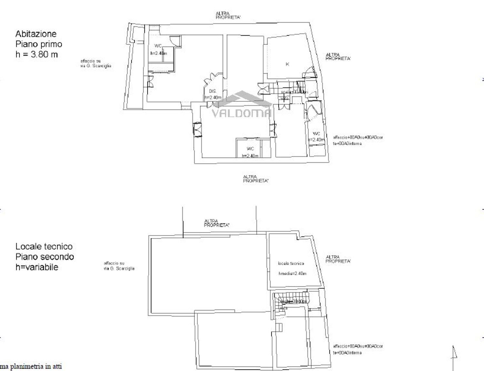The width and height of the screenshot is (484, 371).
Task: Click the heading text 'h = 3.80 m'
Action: (x=36, y=54)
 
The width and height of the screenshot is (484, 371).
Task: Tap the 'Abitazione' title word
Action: (x=36, y=34)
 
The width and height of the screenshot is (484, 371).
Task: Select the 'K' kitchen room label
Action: (x=287, y=64)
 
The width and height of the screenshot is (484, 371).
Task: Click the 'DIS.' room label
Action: (x=213, y=91)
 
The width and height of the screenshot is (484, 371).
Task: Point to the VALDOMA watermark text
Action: (x=241, y=113)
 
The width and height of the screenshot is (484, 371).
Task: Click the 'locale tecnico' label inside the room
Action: (x=291, y=263)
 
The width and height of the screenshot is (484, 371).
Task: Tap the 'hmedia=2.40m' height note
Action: (x=292, y=273)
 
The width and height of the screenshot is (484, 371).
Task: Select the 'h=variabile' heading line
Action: (x=37, y=267)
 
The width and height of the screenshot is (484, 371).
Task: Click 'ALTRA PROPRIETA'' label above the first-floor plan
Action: (x=228, y=15)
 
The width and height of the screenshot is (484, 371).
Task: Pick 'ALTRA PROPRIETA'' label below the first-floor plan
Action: (x=256, y=179)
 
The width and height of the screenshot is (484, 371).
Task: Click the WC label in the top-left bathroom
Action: (x=158, y=46)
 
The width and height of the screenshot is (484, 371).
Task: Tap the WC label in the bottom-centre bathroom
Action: (x=250, y=149)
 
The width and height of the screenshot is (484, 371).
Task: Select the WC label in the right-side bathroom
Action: (x=316, y=134)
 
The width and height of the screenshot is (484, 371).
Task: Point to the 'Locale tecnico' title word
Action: (x=44, y=247)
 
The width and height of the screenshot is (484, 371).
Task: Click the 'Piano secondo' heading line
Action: (x=45, y=257)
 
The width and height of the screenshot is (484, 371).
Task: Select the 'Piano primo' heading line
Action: (x=39, y=44)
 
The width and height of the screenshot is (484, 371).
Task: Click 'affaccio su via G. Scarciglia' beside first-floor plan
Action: (x=96, y=63)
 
